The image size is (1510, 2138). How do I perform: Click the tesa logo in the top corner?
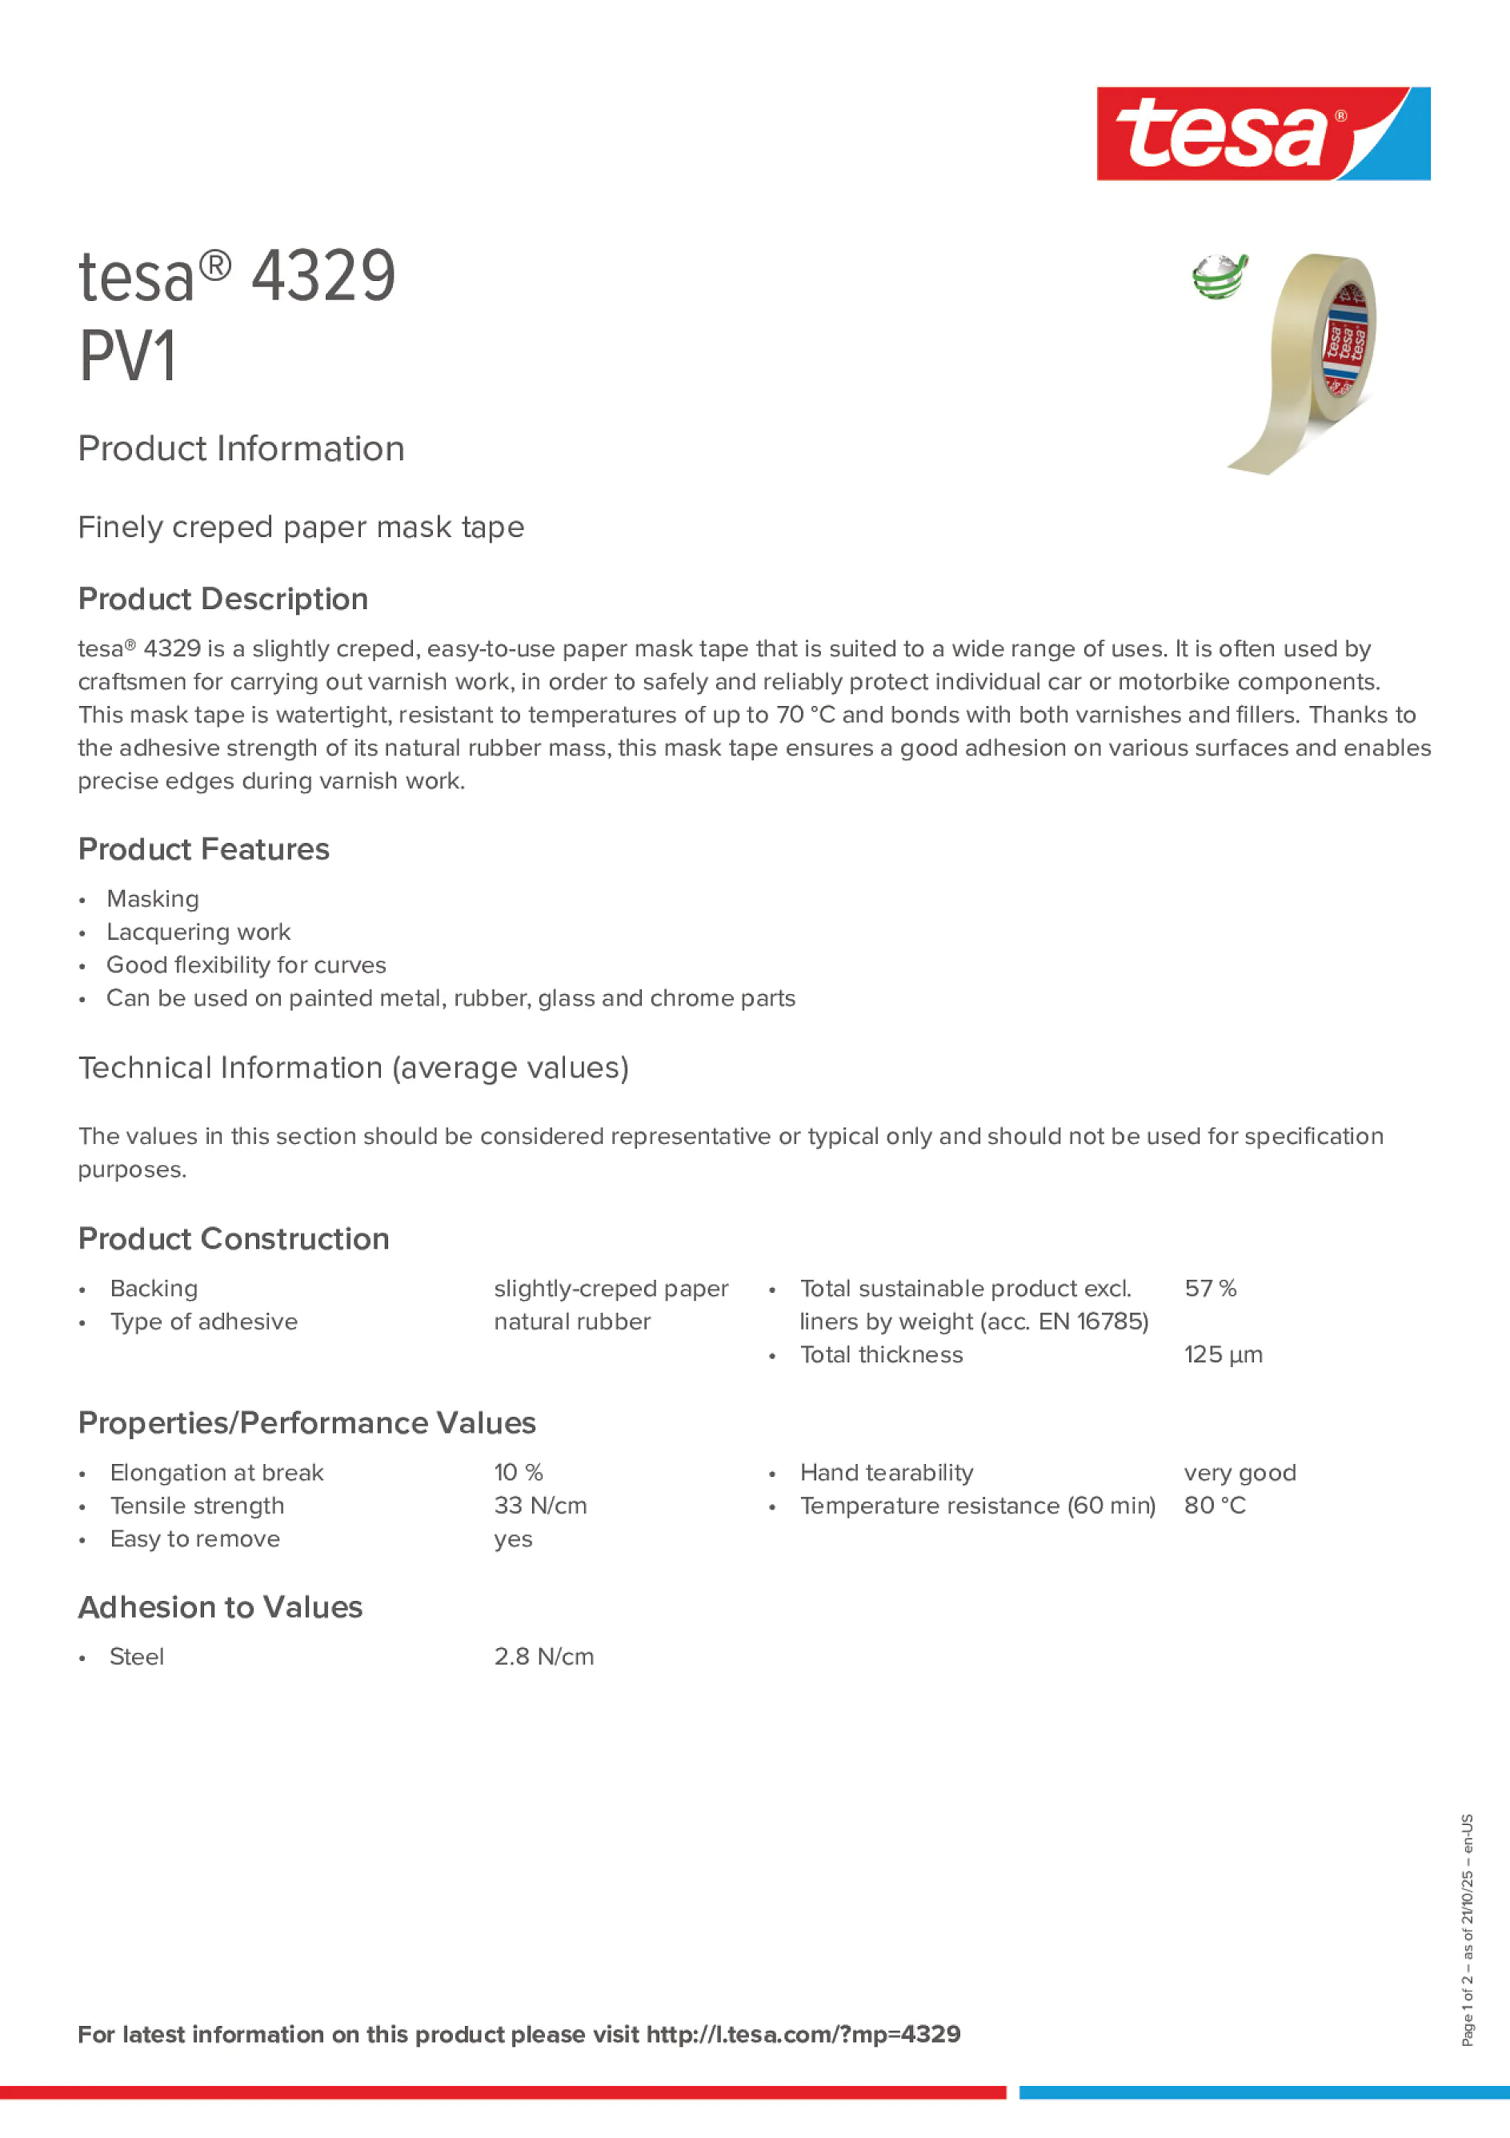tap(1263, 134)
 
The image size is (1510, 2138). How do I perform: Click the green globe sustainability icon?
tap(1219, 278)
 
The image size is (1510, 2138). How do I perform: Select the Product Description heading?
tap(223, 599)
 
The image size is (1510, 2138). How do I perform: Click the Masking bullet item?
tap(153, 899)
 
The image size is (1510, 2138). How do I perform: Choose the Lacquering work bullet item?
tap(198, 932)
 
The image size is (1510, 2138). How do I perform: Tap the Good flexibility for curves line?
tap(246, 965)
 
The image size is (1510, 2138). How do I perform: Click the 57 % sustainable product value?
tap(1210, 1289)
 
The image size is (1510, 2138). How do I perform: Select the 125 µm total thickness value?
tap(1224, 1355)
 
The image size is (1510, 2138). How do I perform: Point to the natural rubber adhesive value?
tap(571, 1322)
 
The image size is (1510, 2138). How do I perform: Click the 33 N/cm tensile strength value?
tap(540, 1506)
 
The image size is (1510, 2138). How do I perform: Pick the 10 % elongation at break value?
tap(519, 1473)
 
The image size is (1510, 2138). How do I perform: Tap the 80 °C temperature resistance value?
tap(1214, 1506)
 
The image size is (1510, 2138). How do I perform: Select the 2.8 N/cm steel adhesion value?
tap(543, 1657)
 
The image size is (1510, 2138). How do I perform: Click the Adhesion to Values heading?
tap(221, 1607)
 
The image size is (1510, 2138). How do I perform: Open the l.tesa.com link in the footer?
tap(803, 2034)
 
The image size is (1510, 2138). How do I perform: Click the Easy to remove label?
tap(194, 1539)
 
